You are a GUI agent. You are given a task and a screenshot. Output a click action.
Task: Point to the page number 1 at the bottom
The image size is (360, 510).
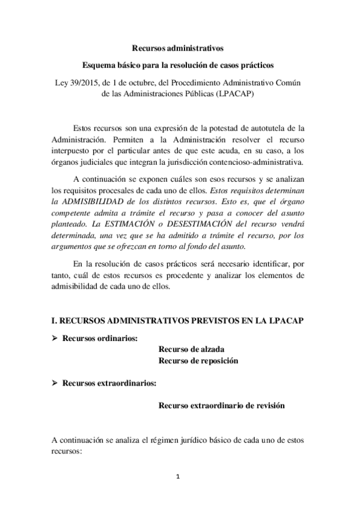[x=178, y=478]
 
